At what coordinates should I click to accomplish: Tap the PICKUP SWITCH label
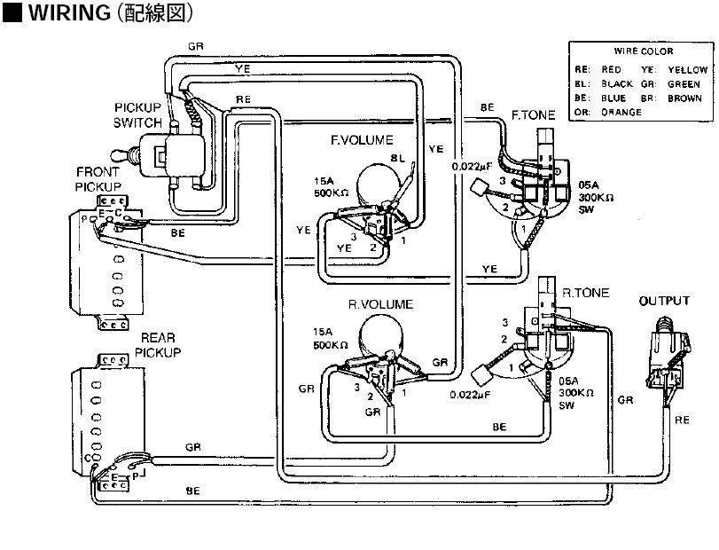coord(137,114)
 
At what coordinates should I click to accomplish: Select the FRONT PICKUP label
coord(98,179)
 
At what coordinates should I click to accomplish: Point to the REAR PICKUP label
coord(160,345)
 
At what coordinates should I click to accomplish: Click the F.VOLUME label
coord(361,140)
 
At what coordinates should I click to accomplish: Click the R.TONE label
coord(586,292)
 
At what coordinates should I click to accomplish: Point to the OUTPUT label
coord(664,301)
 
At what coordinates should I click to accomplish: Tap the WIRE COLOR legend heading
coord(644,52)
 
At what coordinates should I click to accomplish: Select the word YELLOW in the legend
coord(687,69)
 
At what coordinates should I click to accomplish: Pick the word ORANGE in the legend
coord(621,113)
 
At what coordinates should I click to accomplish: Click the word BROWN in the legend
coord(684,98)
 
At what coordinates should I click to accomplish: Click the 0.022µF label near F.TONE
coord(472,166)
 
